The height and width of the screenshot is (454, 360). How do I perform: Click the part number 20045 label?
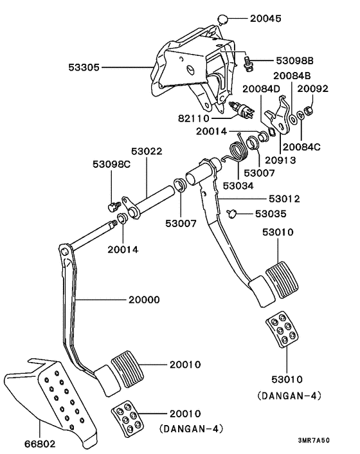(x=265, y=19)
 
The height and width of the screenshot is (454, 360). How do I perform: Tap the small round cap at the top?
(x=222, y=19)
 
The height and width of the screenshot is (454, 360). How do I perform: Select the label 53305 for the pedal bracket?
(x=84, y=68)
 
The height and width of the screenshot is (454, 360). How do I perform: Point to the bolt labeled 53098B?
(x=248, y=64)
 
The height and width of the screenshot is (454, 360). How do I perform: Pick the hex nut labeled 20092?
(x=308, y=110)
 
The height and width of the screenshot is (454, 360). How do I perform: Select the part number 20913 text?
(x=280, y=160)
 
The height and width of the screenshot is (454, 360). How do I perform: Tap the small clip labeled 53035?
(x=232, y=214)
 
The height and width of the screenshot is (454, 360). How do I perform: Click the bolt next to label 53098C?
(x=114, y=207)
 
